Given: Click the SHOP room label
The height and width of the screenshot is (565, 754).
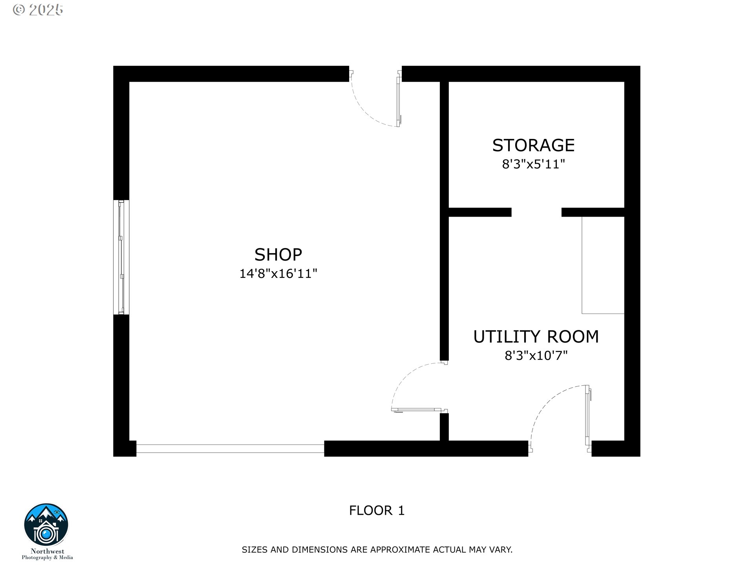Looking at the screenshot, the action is pyautogui.click(x=278, y=255).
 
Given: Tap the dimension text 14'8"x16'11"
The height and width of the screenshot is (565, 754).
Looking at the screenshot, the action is pyautogui.click(x=278, y=273).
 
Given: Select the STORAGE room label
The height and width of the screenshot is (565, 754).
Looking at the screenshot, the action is pyautogui.click(x=533, y=145).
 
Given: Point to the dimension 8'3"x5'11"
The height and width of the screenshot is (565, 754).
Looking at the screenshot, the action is pyautogui.click(x=533, y=164).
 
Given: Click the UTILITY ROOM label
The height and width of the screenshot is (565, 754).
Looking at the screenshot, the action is pyautogui.click(x=536, y=337).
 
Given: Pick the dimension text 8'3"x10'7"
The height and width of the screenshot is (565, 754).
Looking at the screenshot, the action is pyautogui.click(x=536, y=355).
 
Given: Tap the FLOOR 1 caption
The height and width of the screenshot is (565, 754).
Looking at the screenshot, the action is pyautogui.click(x=377, y=510).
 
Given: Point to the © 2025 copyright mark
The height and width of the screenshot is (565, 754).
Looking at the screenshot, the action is pyautogui.click(x=38, y=10).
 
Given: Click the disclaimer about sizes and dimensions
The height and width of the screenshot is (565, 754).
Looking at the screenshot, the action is pyautogui.click(x=377, y=550).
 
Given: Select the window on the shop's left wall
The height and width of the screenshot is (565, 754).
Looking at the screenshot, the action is pyautogui.click(x=121, y=257).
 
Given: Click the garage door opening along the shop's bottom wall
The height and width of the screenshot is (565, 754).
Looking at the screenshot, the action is pyautogui.click(x=230, y=449).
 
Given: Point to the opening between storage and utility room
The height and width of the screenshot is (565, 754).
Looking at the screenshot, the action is pyautogui.click(x=536, y=212).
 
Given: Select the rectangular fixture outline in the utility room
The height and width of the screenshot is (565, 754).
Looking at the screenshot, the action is pyautogui.click(x=603, y=265).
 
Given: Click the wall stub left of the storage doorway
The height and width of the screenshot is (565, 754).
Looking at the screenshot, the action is pyautogui.click(x=480, y=212).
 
